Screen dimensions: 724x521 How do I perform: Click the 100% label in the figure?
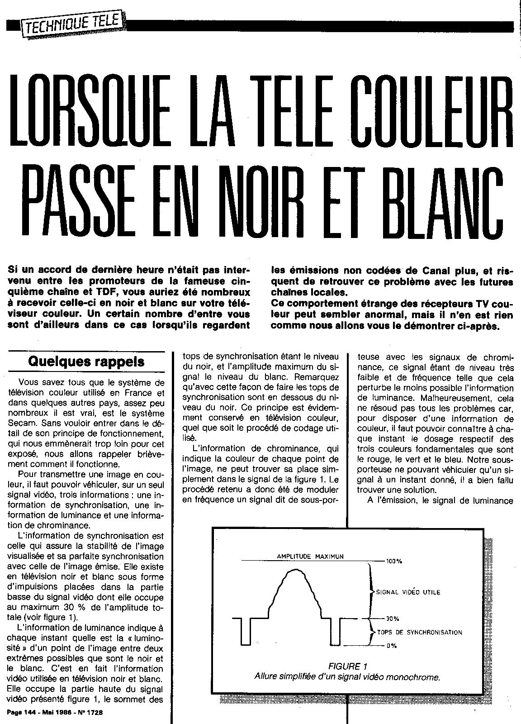[394, 561]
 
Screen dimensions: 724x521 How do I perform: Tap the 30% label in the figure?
[393, 619]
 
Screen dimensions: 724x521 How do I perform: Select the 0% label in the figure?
[392, 646]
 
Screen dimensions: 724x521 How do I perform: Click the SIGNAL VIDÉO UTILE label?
[408, 591]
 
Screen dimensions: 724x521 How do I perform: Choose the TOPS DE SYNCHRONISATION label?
[419, 632]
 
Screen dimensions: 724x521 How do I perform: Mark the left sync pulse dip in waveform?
[246, 633]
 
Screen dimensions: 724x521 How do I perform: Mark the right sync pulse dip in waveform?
[335, 633]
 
